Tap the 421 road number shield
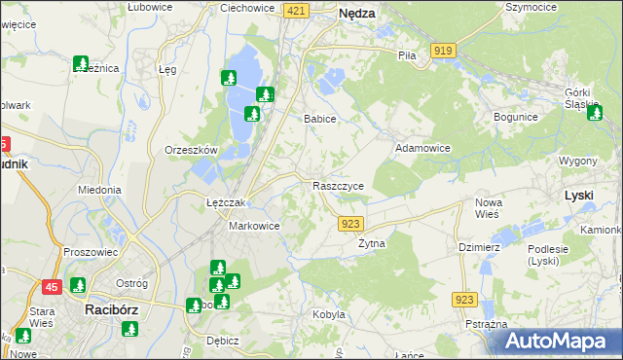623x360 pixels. (298, 10)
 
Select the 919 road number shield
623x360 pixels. (444, 50)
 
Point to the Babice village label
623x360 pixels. (320, 119)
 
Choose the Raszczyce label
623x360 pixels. (339, 186)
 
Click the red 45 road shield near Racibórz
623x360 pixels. (51, 286)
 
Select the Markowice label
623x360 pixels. (254, 226)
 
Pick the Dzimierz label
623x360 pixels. (479, 247)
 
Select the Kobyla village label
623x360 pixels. (329, 314)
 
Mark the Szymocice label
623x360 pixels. (531, 6)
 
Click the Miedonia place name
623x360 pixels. (99, 190)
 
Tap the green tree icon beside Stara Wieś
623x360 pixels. (77, 286)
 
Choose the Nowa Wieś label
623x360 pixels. (488, 208)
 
